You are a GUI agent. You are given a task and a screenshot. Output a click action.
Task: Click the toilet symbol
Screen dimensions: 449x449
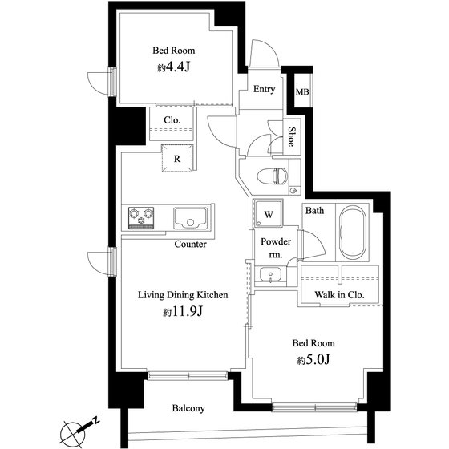click(273, 176)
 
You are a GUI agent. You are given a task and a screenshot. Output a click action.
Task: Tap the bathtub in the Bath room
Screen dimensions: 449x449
click(353, 233)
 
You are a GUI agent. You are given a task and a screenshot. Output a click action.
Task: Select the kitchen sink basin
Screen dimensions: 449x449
click(191, 218)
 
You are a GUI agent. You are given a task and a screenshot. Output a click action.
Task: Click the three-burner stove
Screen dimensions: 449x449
click(141, 218)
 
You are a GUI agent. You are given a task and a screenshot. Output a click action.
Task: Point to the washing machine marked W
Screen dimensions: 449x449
click(269, 213)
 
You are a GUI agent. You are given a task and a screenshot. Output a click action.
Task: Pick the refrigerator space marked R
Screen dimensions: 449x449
click(177, 159)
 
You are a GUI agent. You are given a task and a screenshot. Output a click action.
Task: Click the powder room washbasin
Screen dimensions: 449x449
click(270, 274)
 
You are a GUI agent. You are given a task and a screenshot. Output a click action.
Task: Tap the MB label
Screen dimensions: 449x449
click(302, 92)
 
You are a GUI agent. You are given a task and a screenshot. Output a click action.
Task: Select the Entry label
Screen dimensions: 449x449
click(264, 89)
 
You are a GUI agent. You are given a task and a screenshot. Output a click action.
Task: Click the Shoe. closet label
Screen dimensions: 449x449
click(292, 137)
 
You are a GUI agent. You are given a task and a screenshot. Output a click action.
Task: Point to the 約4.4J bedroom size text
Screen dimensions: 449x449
click(173, 67)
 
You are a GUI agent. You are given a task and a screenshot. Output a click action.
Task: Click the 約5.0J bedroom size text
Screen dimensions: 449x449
click(313, 360)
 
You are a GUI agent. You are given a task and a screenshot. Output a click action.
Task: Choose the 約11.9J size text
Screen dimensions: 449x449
click(183, 311)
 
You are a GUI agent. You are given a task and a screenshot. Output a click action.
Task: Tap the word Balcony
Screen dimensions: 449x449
click(188, 408)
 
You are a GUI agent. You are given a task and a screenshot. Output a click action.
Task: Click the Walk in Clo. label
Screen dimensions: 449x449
click(339, 295)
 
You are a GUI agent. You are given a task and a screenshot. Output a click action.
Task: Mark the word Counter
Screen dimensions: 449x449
click(191, 245)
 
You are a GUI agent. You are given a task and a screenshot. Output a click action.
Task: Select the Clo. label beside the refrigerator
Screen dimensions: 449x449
click(172, 120)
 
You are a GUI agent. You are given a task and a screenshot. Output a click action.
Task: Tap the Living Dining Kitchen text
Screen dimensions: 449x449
click(183, 295)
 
